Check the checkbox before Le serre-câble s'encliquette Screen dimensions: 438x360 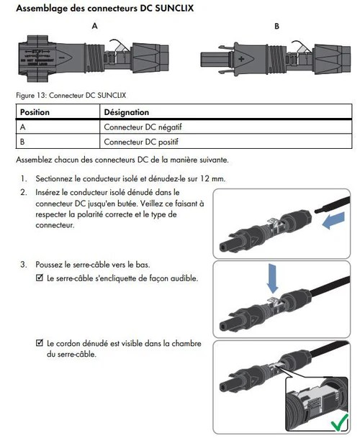pos(40,278)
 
